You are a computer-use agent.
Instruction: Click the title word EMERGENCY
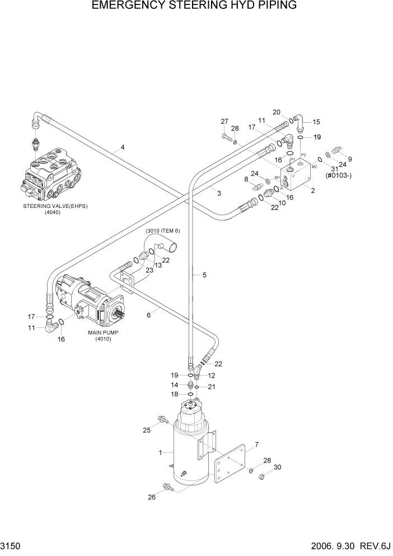pos(132,7)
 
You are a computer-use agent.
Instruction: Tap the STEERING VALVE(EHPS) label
pos(55,206)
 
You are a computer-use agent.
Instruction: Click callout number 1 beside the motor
pos(161,453)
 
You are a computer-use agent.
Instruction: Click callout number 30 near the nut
pos(277,467)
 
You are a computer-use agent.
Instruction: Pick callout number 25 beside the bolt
pos(147,430)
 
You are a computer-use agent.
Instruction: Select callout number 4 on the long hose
pos(122,149)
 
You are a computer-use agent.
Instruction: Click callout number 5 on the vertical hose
pos(204,275)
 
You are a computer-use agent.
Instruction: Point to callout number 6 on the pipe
pos(149,316)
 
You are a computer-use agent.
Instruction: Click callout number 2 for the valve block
pos(313,191)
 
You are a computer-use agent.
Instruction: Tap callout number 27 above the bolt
pos(224,122)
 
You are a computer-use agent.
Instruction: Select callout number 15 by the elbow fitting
pos(316,122)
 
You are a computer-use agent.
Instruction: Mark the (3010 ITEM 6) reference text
pos(163,231)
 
